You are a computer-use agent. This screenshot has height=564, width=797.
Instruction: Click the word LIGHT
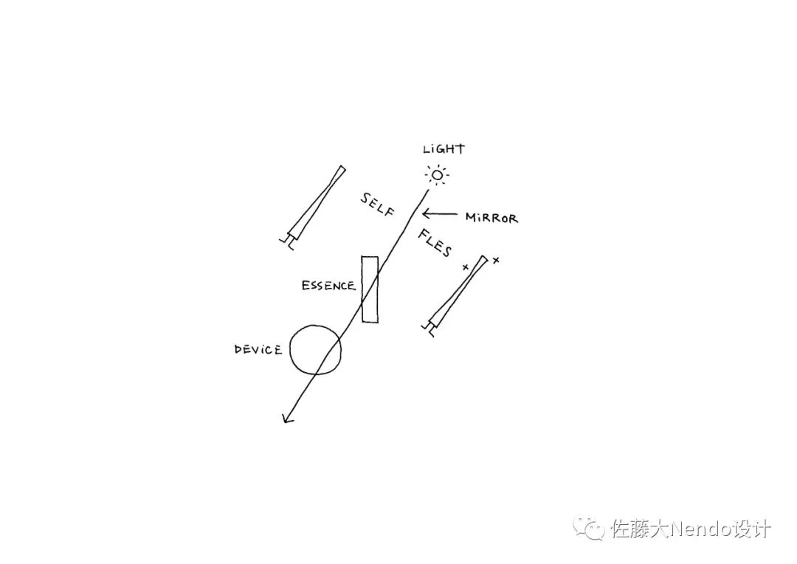pos(444,149)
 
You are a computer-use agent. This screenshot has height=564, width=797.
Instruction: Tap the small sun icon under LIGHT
pos(437,175)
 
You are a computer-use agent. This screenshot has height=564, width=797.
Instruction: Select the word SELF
pos(377,205)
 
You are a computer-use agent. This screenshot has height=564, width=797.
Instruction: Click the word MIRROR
pos(491,218)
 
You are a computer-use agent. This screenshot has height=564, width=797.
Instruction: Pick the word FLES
pos(435,244)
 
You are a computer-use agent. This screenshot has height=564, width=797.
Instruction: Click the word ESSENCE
pos(328,286)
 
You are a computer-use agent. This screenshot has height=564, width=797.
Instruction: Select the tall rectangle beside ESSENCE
pos(370,289)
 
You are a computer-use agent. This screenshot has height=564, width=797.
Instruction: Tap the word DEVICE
pos(258,349)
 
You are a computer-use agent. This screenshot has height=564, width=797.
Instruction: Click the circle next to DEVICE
pos(316,349)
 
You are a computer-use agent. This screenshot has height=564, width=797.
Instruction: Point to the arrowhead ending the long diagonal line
pos(286,419)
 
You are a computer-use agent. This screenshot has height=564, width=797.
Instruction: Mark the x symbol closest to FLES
pos(465,266)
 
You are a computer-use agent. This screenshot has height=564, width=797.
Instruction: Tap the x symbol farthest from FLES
pos(496,260)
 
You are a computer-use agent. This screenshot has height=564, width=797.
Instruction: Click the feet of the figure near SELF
pos(286,241)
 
